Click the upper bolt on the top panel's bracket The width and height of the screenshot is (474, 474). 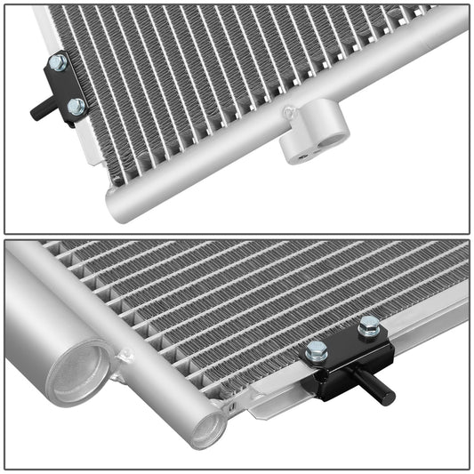click(57, 63)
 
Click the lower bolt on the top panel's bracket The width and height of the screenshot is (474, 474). click(76, 107)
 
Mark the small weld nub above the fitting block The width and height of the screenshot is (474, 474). click(287, 113)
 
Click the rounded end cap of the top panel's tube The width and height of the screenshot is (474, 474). click(116, 205)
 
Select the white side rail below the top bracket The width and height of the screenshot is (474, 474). click(89, 142)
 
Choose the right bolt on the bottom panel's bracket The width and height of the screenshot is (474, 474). click(369, 327)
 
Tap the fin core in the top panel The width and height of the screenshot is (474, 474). click(222, 71)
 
